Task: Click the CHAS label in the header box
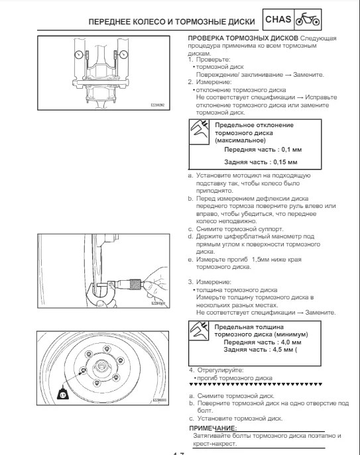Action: pos(278,19)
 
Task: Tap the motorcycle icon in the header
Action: pos(308,19)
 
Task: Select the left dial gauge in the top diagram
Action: pos(79,54)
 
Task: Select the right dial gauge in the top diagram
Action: pos(124,54)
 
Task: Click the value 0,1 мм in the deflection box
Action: pos(292,150)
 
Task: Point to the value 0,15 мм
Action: pos(285,162)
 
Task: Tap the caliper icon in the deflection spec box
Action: pos(199,131)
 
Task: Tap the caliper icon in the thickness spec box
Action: pos(199,330)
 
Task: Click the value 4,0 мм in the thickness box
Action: pos(291,342)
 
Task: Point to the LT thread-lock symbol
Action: pos(63,393)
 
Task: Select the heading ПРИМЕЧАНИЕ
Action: pos(213,429)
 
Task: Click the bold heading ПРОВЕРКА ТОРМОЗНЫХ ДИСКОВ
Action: pos(243,38)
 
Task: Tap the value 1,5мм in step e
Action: pos(261,260)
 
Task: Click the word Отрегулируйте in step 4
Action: pos(221,371)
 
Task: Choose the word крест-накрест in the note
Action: pos(215,444)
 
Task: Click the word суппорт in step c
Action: pos(270,229)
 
